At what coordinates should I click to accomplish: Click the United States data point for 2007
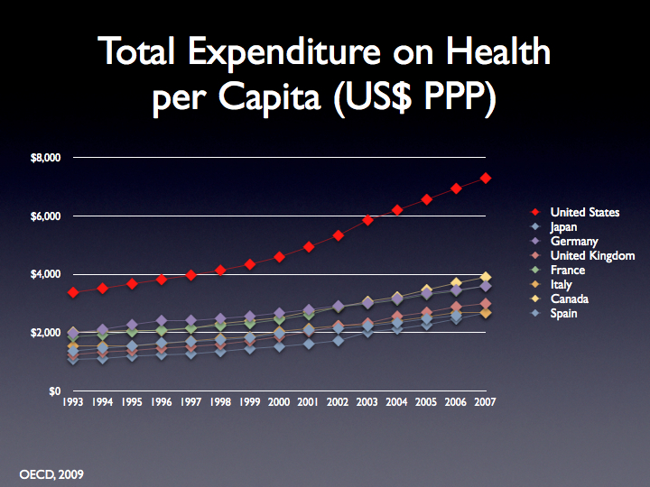(486, 179)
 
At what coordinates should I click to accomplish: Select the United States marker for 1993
(74, 292)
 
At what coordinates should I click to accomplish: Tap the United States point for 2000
(280, 257)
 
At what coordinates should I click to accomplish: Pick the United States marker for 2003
(367, 220)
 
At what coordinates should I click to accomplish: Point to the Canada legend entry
(571, 299)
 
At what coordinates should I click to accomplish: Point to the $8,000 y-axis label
(44, 158)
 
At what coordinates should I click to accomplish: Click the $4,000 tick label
(44, 274)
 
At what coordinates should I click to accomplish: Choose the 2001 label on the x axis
(309, 403)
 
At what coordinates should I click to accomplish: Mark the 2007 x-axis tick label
(486, 403)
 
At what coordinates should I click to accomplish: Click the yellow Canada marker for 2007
(486, 278)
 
